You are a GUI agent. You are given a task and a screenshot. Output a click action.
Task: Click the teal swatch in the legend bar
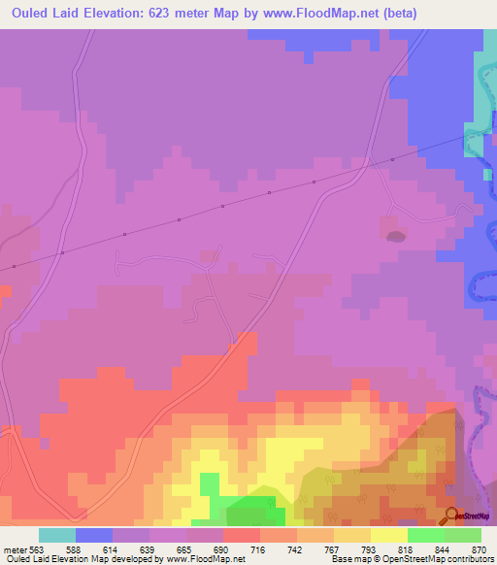(57, 535)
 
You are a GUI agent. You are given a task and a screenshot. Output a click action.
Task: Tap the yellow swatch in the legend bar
(389, 535)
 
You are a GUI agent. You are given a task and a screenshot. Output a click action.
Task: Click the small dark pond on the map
(395, 236)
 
